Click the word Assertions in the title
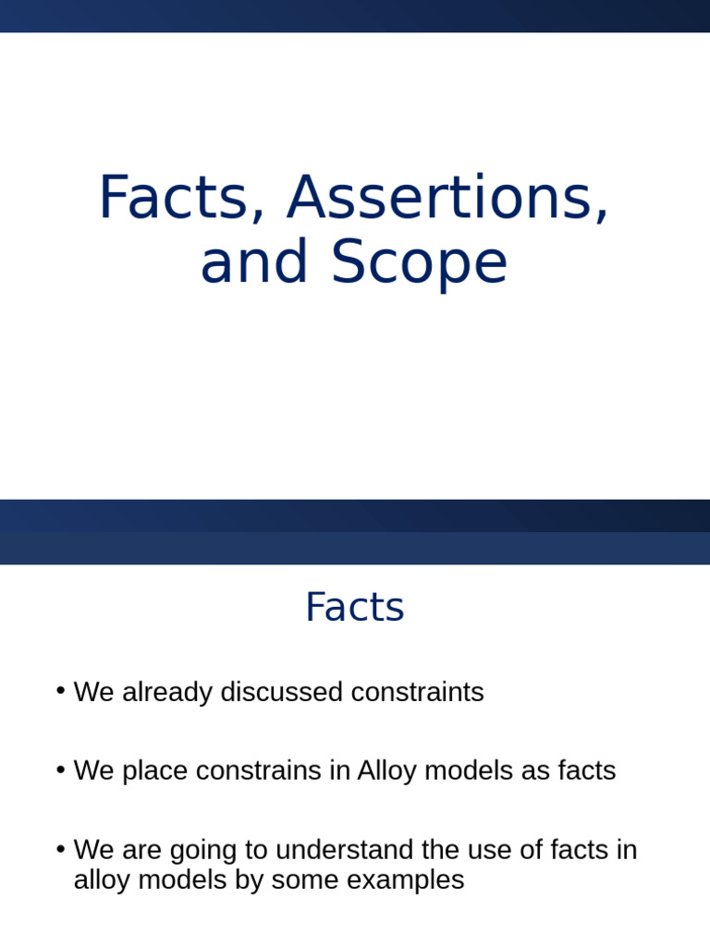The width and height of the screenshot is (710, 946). tap(448, 198)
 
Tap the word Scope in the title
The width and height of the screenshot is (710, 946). tap(419, 262)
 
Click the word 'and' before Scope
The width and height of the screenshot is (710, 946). tap(256, 262)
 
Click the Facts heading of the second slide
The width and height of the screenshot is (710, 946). tap(354, 608)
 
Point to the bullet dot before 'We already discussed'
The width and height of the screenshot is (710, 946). tap(60, 691)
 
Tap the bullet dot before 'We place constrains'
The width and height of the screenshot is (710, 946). tap(60, 770)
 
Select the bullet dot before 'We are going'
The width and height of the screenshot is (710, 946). tap(60, 848)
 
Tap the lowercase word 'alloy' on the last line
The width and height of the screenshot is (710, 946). tap(102, 880)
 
